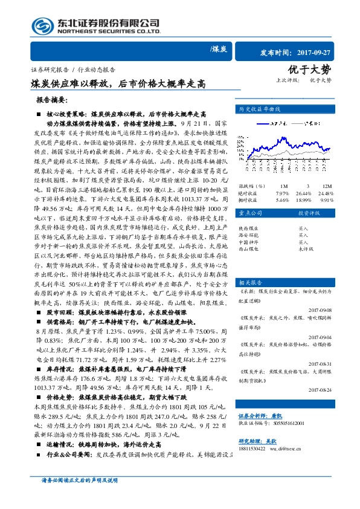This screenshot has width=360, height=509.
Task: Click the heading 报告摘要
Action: pyautogui.click(x=53, y=100)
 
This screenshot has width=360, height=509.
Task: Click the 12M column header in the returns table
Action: pyautogui.click(x=326, y=186)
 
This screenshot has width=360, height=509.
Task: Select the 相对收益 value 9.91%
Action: pyautogui.click(x=326, y=199)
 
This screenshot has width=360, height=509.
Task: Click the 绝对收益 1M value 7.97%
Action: pyautogui.click(x=283, y=193)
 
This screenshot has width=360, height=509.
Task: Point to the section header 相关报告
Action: pyautogui.click(x=249, y=282)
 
